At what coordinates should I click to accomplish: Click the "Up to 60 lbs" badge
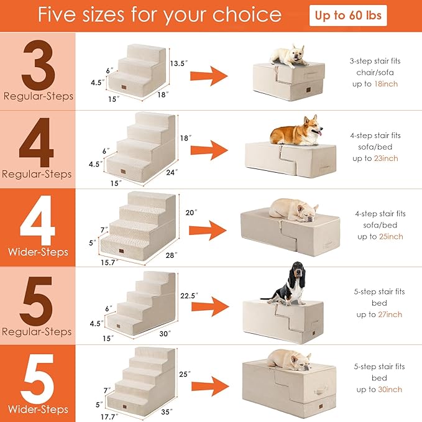pyautogui.click(x=348, y=16)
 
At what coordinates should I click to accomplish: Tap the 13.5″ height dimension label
pyautogui.click(x=179, y=63)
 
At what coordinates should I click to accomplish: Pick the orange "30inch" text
pyautogui.click(x=390, y=390)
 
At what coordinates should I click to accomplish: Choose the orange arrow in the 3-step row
pyautogui.click(x=215, y=76)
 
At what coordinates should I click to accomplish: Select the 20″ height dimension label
pyautogui.click(x=192, y=213)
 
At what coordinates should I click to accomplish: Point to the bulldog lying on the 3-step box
pyautogui.click(x=290, y=56)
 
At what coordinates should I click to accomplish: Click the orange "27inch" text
pyautogui.click(x=390, y=314)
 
